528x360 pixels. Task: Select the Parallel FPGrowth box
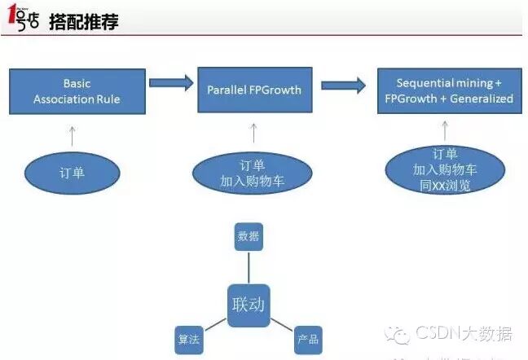[253, 90]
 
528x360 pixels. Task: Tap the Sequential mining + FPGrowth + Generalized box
[448, 90]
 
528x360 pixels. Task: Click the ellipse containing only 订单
[72, 173]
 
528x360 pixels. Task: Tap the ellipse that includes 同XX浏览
[445, 170]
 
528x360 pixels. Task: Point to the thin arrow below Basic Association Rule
[72, 135]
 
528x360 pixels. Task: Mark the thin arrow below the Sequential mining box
[445, 130]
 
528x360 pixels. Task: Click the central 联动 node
[249, 305]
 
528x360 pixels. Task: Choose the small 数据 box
[248, 236]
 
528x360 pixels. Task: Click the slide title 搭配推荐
[90, 22]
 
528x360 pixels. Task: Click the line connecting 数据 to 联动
[248, 266]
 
